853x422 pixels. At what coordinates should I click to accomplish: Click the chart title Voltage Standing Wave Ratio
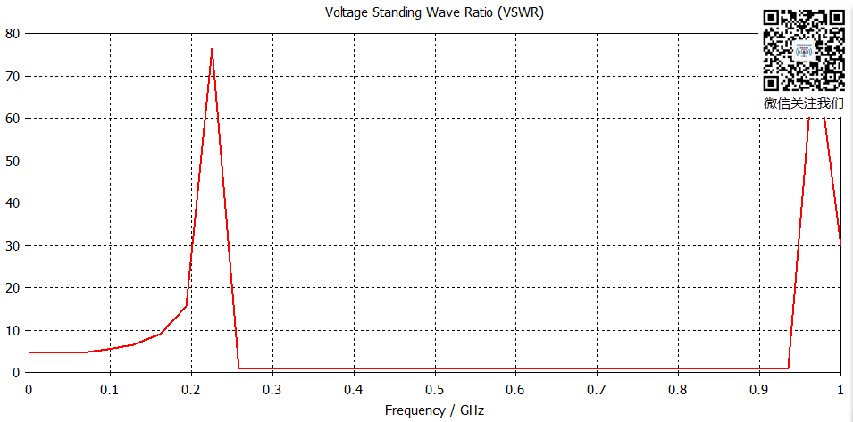tap(434, 12)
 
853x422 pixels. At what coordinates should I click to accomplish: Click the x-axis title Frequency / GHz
tap(434, 410)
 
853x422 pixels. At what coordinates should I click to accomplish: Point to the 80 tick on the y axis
tap(12, 34)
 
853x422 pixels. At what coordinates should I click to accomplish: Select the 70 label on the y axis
tap(12, 77)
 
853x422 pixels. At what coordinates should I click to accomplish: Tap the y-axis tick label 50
tap(12, 161)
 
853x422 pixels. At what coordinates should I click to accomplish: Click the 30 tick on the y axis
tap(12, 246)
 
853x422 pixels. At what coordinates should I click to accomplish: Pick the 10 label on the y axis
tap(12, 331)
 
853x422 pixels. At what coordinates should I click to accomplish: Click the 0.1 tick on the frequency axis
tap(110, 390)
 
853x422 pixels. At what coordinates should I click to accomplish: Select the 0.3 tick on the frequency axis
tap(272, 390)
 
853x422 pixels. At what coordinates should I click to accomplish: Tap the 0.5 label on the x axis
tap(435, 390)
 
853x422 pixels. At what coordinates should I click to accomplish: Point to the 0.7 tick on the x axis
tap(597, 390)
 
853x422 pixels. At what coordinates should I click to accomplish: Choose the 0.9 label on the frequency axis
tap(759, 390)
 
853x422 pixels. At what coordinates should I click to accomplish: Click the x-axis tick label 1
tap(840, 390)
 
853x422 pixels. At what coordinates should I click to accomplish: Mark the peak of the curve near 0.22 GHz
tap(212, 49)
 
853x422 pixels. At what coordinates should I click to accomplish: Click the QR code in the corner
tap(804, 50)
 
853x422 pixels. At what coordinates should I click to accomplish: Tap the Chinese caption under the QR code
tap(804, 103)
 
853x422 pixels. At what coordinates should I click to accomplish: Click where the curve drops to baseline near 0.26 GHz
tap(239, 368)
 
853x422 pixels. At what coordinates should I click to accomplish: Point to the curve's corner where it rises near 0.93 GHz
tap(789, 368)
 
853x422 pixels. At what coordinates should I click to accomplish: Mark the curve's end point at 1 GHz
tap(840, 244)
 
